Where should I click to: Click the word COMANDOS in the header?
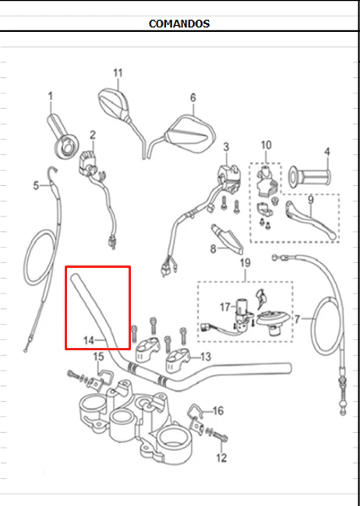tap(179, 23)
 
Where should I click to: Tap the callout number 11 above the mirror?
tap(118, 73)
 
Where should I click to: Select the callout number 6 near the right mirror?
tap(193, 97)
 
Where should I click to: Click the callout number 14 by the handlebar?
tap(89, 340)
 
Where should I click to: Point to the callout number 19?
tap(245, 262)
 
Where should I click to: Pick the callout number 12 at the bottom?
tap(221, 458)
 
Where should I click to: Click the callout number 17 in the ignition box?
tap(225, 307)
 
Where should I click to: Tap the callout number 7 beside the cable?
tap(297, 319)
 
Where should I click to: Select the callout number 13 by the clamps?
tap(206, 357)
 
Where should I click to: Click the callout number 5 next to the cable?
tap(36, 185)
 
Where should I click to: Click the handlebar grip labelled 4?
tap(309, 177)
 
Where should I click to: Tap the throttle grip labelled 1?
tap(63, 136)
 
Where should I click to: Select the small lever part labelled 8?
tap(228, 238)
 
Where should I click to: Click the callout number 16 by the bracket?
tap(218, 410)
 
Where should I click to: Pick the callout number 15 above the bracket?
tap(98, 357)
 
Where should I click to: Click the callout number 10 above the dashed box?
tap(266, 146)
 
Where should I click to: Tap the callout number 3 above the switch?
tap(226, 147)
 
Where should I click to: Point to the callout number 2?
tap(93, 135)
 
